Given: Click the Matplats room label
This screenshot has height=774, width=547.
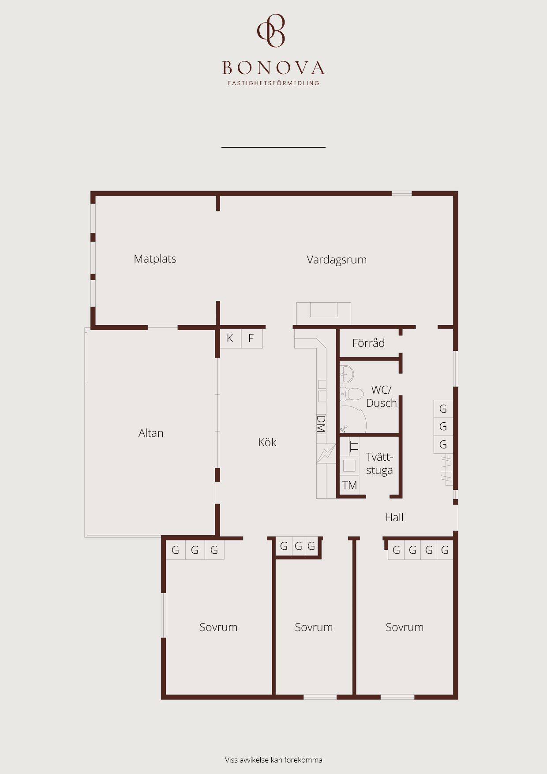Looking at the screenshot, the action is pyautogui.click(x=155, y=259).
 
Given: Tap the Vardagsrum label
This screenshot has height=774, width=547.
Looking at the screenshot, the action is pyautogui.click(x=337, y=259).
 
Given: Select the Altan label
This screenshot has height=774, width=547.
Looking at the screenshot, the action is pyautogui.click(x=151, y=433).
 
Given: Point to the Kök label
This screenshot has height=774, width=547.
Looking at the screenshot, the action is pyautogui.click(x=267, y=442).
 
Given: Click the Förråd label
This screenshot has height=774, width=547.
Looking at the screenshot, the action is pyautogui.click(x=368, y=343).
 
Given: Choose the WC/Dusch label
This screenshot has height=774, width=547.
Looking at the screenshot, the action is pyautogui.click(x=382, y=396).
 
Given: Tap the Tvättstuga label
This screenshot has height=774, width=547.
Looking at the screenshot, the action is pyautogui.click(x=379, y=463).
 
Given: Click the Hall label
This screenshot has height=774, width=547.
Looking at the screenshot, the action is pyautogui.click(x=394, y=517).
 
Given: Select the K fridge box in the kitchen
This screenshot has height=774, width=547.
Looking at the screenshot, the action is pyautogui.click(x=230, y=338).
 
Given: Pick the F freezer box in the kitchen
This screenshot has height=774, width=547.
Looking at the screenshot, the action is pyautogui.click(x=251, y=338).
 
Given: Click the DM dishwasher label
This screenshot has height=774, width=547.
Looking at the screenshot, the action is pyautogui.click(x=321, y=424).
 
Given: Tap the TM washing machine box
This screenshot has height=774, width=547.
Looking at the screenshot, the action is pyautogui.click(x=349, y=485).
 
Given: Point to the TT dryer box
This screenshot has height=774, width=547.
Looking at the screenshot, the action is pyautogui.click(x=353, y=446).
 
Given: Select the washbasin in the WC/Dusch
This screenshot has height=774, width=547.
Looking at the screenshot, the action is pyautogui.click(x=347, y=374).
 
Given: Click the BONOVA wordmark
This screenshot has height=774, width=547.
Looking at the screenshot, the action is pyautogui.click(x=273, y=68).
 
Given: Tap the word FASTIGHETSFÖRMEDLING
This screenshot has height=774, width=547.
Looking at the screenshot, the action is pyautogui.click(x=273, y=83).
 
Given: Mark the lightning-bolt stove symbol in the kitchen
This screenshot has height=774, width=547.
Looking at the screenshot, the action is pyautogui.click(x=326, y=454).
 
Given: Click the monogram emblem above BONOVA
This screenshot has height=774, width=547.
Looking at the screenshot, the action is pyautogui.click(x=271, y=30).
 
